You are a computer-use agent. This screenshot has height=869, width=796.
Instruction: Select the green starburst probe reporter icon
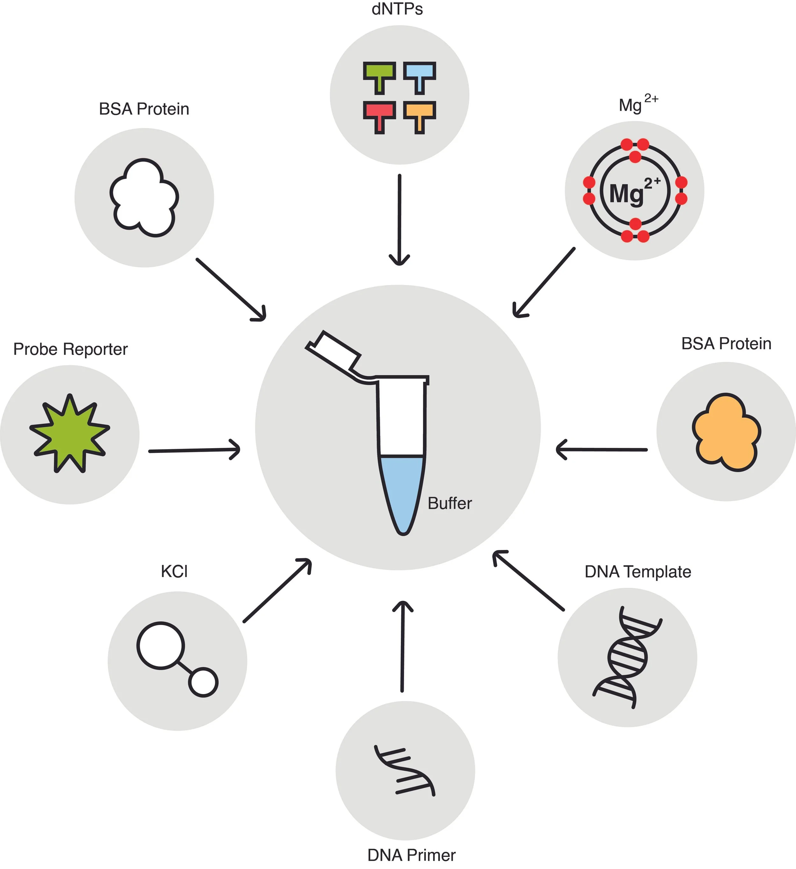[x=70, y=433]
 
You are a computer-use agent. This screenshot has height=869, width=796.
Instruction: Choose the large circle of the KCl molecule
[x=160, y=645]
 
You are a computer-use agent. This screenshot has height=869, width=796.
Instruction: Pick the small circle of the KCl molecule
[x=203, y=682]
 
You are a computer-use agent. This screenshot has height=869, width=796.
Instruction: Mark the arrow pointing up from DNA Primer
[x=402, y=647]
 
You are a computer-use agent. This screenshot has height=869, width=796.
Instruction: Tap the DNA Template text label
[x=638, y=572]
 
